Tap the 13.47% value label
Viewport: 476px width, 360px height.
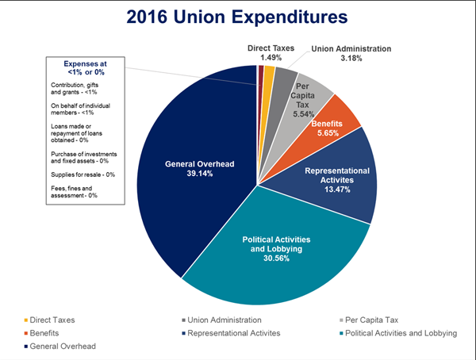(x=334, y=190)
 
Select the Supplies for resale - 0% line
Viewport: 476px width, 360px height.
(x=83, y=174)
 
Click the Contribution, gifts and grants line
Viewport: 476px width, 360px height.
(x=79, y=88)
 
